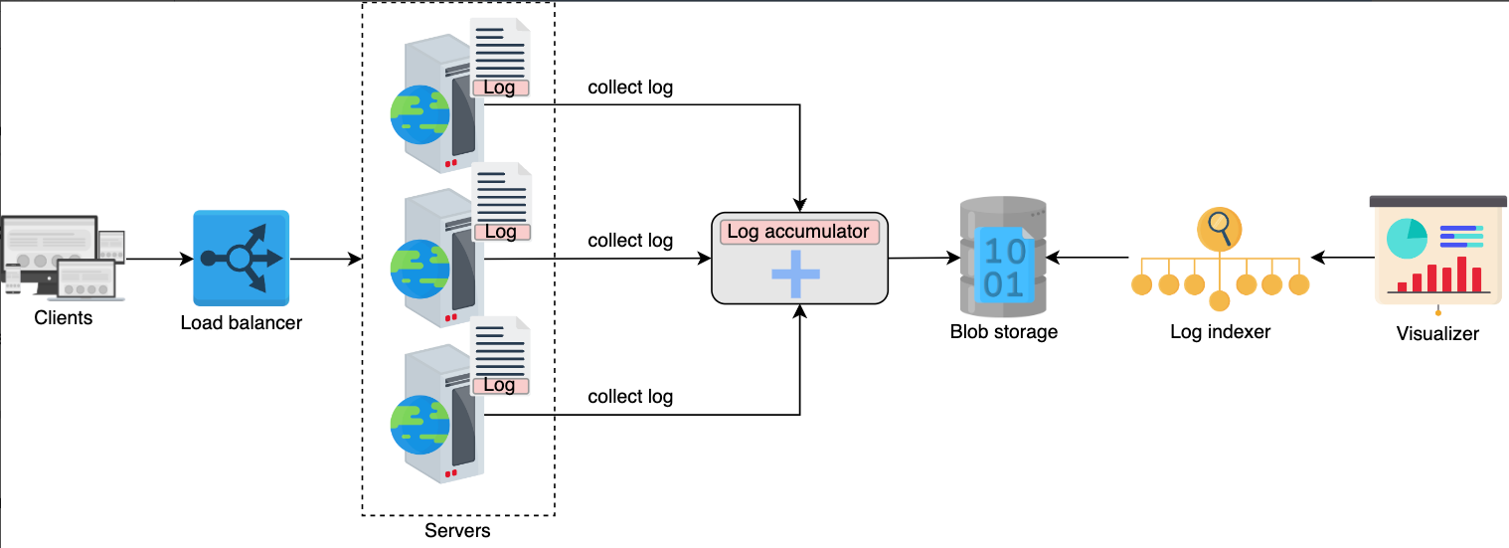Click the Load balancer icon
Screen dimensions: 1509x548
(242, 259)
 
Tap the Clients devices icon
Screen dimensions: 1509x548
(63, 257)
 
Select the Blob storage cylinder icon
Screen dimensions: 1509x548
(1003, 257)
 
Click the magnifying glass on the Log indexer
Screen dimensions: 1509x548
(1220, 229)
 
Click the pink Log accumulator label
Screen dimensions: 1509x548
(799, 232)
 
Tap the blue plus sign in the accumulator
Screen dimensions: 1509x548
(795, 274)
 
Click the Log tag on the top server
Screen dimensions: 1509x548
(500, 88)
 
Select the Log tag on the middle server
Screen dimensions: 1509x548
(501, 232)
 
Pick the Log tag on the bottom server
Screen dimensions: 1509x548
(500, 386)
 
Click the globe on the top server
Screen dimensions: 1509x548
(420, 114)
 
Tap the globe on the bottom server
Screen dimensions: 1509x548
(420, 425)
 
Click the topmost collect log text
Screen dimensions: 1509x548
(630, 88)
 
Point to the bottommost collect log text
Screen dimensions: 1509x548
(630, 397)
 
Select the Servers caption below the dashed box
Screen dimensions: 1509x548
(457, 530)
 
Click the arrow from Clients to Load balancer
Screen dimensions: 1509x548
(160, 259)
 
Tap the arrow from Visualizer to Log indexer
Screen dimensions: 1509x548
(1343, 258)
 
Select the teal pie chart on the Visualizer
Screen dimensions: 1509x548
(1407, 239)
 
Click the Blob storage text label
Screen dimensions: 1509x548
(1004, 331)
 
